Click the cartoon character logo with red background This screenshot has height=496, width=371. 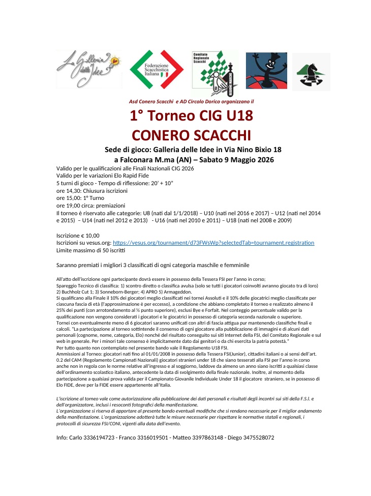tap(266, 71)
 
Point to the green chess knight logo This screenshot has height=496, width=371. tap(311, 72)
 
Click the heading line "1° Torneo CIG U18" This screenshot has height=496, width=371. tap(191, 116)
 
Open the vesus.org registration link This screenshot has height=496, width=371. tap(213, 243)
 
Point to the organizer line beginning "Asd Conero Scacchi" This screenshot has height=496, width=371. tap(191, 101)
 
